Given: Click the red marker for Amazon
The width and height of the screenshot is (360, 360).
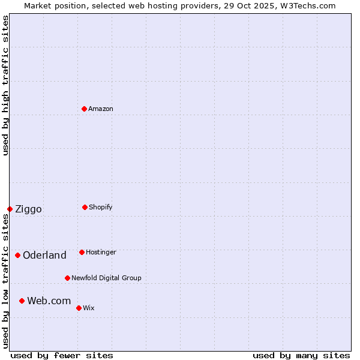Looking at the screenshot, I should [84, 109].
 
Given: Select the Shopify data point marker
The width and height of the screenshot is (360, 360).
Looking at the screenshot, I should [85, 207].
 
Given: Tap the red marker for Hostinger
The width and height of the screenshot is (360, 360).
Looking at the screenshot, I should [82, 252].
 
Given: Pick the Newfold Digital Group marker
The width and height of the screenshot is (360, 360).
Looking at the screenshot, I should [67, 278].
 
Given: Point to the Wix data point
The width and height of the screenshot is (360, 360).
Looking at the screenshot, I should [79, 308].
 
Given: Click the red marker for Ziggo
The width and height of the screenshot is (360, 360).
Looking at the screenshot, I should [10, 209].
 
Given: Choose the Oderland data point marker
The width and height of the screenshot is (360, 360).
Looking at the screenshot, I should [17, 255].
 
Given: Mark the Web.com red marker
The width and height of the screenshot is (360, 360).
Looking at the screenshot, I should [22, 301].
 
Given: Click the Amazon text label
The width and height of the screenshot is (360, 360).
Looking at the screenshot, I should [101, 109].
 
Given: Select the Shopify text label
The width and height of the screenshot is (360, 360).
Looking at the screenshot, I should [101, 207].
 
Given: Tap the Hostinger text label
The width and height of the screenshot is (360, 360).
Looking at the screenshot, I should [101, 252].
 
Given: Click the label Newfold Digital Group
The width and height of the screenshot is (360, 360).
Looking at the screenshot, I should [106, 278].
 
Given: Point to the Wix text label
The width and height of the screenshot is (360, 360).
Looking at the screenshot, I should [89, 308].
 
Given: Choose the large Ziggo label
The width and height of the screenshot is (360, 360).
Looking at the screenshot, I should [28, 209].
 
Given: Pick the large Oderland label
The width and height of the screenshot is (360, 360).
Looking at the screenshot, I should [44, 255].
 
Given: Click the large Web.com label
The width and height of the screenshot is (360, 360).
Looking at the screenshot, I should [49, 301].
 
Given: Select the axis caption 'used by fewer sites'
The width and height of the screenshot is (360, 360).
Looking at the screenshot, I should [62, 355].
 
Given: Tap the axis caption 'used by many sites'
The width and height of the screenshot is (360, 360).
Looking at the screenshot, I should [301, 355].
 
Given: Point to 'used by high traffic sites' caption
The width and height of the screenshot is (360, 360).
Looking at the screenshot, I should [5, 85].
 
